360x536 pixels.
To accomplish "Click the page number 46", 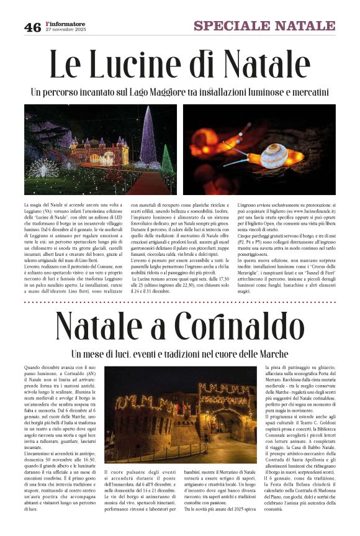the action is (x=32, y=27).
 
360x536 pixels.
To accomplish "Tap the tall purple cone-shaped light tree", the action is (x=148, y=137).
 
